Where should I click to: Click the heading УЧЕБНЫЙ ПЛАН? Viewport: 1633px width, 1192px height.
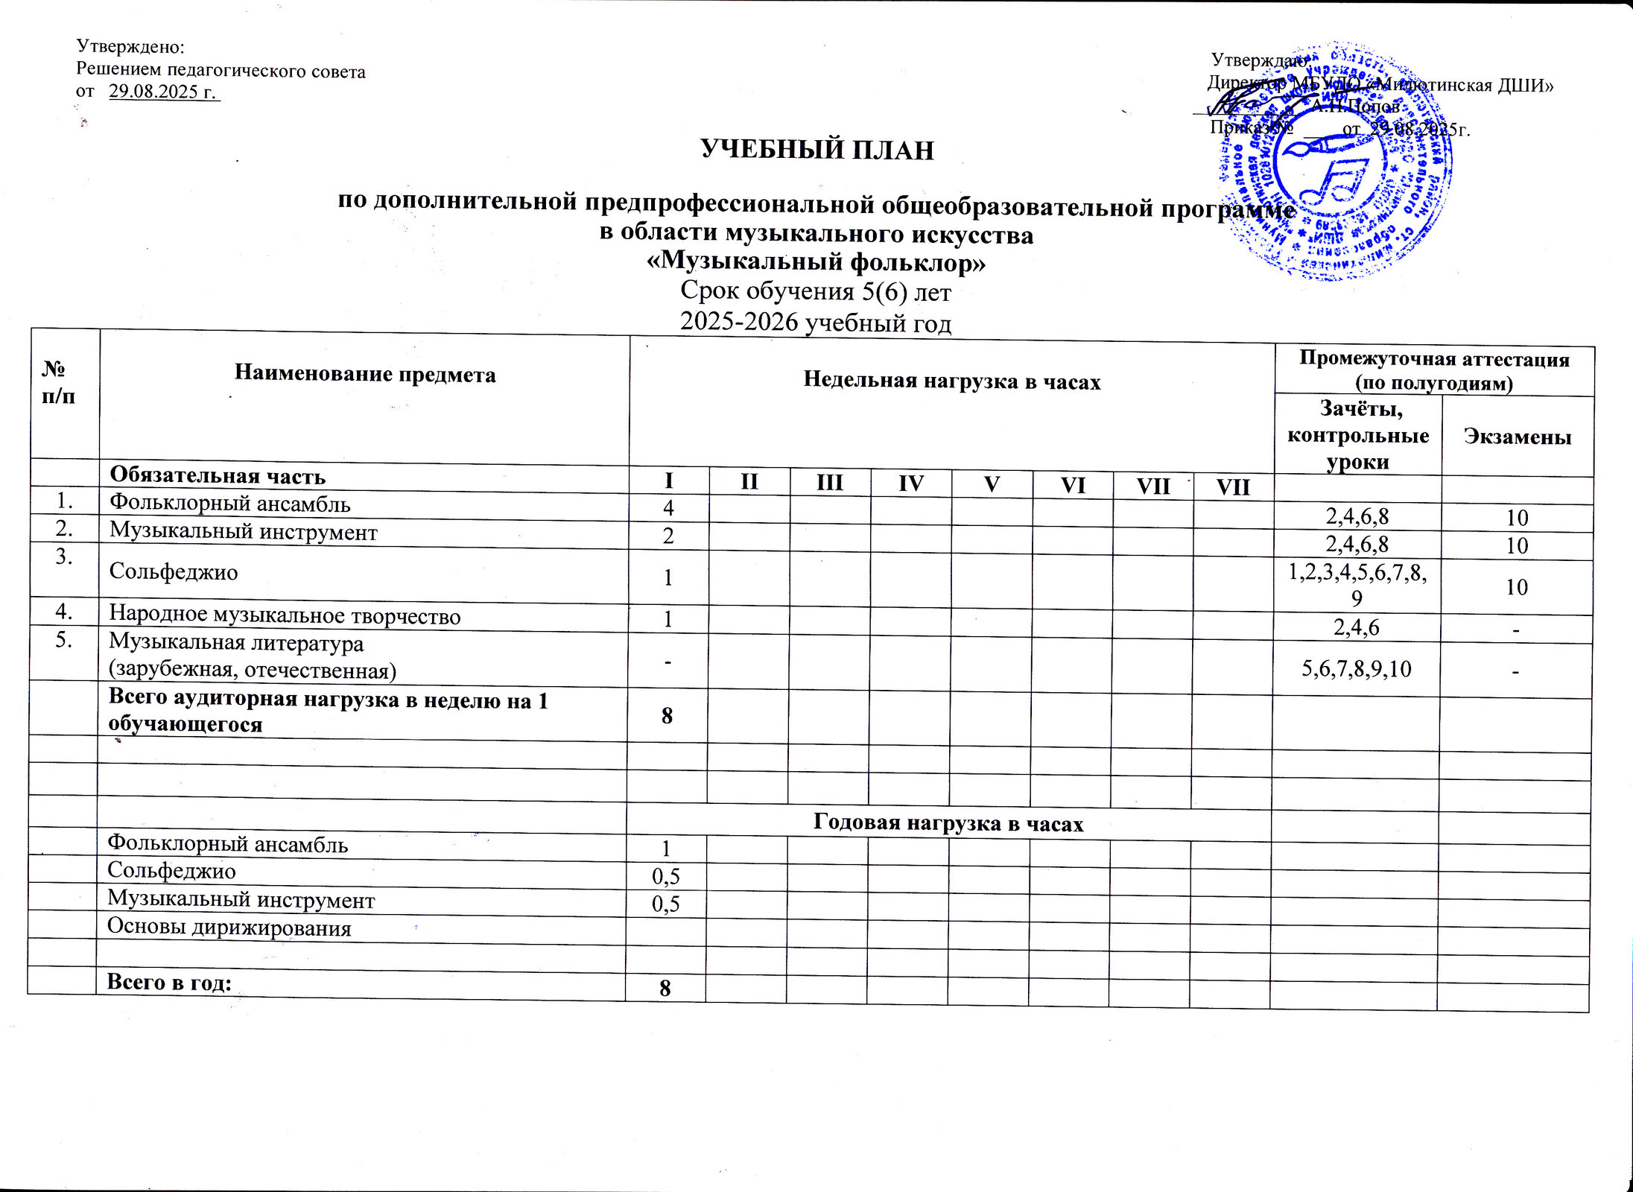(x=817, y=150)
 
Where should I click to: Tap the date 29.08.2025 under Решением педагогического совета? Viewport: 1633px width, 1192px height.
(x=163, y=92)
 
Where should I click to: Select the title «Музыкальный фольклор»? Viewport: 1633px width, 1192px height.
(x=816, y=262)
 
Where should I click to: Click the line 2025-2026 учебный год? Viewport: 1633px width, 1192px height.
(x=816, y=323)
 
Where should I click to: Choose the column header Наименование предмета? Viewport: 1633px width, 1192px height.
(x=365, y=373)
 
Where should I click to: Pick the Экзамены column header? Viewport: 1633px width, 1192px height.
(x=1518, y=437)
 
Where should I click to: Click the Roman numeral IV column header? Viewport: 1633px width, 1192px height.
(x=911, y=484)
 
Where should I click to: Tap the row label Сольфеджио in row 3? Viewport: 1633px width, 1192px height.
(x=174, y=572)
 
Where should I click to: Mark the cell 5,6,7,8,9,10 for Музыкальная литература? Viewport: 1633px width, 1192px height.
(x=1356, y=668)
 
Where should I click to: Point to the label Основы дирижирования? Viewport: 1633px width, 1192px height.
(x=229, y=928)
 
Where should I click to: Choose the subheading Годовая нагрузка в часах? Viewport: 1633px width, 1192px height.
(x=948, y=823)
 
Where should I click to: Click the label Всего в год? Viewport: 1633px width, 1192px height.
(x=169, y=982)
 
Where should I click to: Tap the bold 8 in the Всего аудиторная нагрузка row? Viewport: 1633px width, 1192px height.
(x=667, y=715)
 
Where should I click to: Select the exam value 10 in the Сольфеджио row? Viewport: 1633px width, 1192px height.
(x=1517, y=587)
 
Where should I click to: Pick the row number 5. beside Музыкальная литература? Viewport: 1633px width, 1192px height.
(x=64, y=641)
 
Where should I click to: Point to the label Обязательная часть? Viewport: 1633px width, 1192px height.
(x=218, y=476)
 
